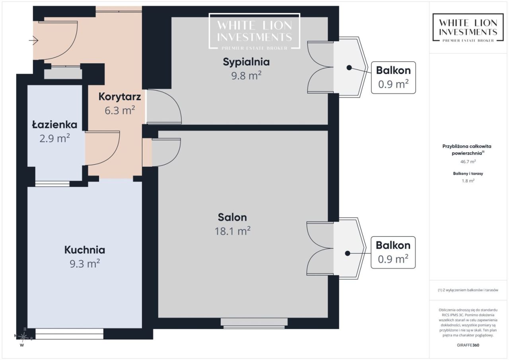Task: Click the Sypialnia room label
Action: click(x=246, y=62)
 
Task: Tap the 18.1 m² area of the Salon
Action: click(x=233, y=231)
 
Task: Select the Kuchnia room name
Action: click(x=85, y=250)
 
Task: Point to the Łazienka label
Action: click(x=54, y=125)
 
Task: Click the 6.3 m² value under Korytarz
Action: click(x=120, y=110)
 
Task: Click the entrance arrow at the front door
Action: click(x=33, y=41)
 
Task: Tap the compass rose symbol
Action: click(x=23, y=337)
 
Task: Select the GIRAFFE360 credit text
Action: click(x=468, y=345)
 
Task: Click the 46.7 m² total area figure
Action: click(x=468, y=162)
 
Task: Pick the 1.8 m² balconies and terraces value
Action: click(x=468, y=181)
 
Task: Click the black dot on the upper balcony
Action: click(x=349, y=68)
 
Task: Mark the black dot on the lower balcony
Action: click(x=348, y=253)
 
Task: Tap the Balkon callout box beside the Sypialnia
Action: click(x=393, y=78)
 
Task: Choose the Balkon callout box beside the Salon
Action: click(x=393, y=253)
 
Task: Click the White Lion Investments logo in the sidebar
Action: click(x=468, y=27)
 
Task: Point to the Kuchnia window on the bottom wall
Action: click(x=69, y=334)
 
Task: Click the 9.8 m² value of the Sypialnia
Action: click(x=246, y=76)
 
